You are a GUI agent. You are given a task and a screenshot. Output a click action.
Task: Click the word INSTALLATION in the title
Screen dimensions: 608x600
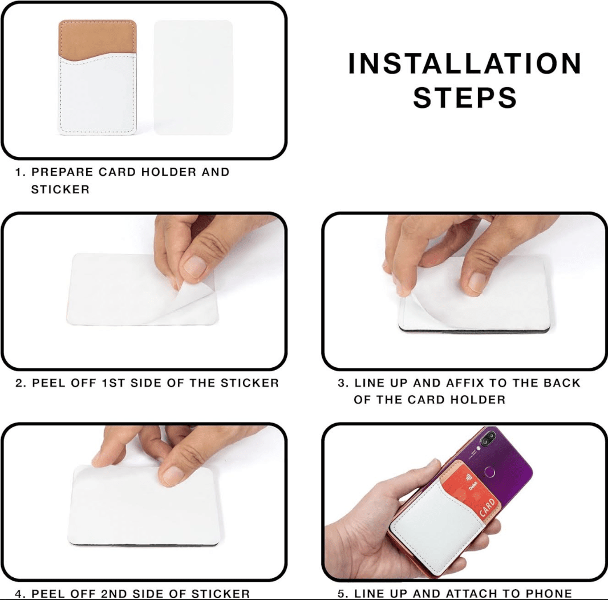pos(464,63)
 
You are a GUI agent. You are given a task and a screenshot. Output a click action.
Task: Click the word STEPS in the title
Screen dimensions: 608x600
pos(464,98)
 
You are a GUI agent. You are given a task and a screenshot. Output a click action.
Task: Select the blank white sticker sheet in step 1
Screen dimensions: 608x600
pos(193,78)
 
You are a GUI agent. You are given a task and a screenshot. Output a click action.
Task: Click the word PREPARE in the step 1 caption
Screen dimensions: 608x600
pos(62,172)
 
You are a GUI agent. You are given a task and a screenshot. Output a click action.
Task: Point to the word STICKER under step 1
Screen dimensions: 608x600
pos(60,189)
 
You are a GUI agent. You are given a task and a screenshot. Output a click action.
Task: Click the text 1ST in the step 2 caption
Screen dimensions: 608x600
pos(114,383)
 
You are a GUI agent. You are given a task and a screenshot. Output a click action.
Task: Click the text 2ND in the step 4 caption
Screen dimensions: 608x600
pos(114,593)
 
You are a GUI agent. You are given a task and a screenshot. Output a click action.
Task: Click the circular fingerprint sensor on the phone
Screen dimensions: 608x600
pos(490,472)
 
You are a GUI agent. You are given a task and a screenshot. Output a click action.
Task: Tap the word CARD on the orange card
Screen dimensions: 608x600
pos(487,507)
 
